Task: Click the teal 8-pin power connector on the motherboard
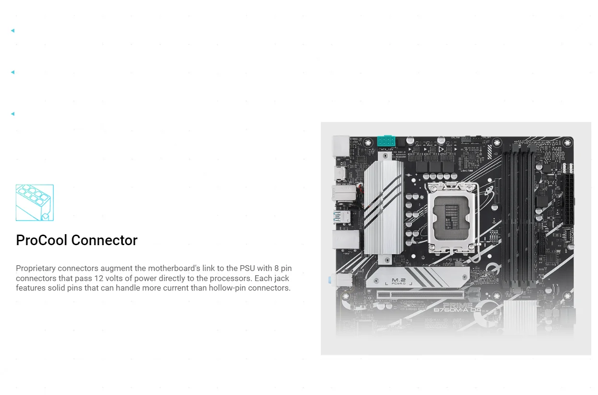pyautogui.click(x=386, y=142)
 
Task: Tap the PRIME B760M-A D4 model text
pyautogui.click(x=457, y=308)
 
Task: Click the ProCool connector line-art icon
pyautogui.click(x=35, y=203)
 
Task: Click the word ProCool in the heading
pyautogui.click(x=46, y=240)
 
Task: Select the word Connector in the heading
pyautogui.click(x=108, y=240)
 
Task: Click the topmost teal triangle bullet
pyautogui.click(x=12, y=31)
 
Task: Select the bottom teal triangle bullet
pyautogui.click(x=12, y=114)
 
